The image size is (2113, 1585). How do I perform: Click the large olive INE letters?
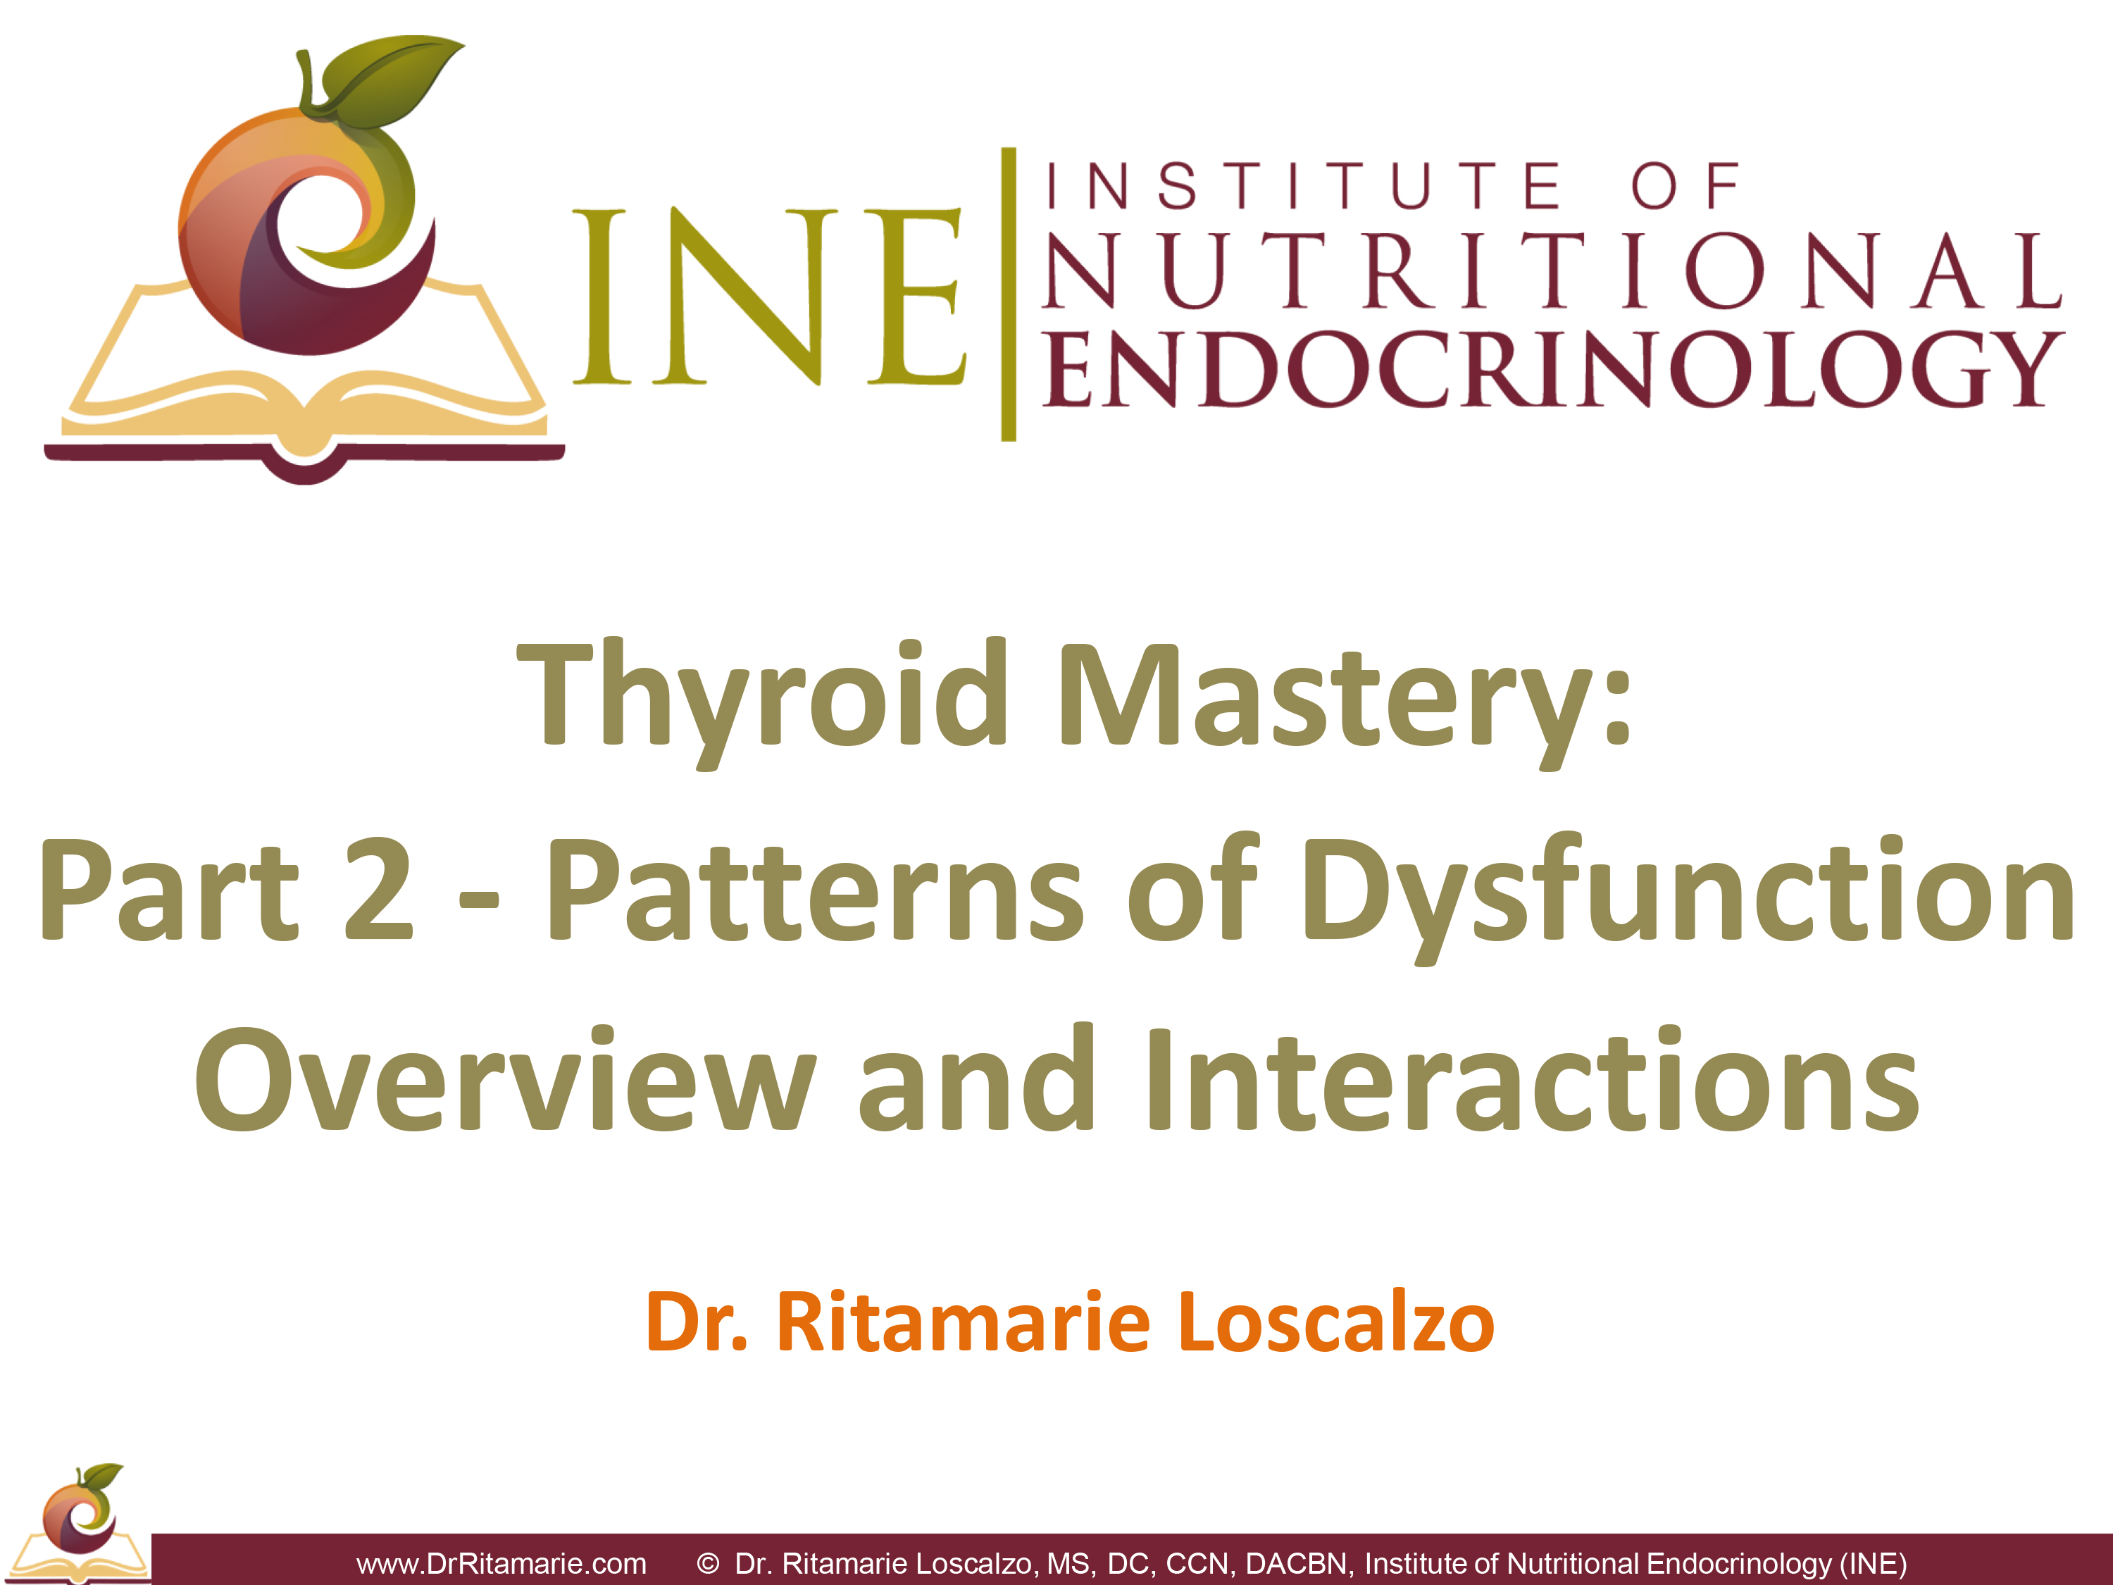point(770,296)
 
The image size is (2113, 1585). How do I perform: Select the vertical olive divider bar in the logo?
point(1008,294)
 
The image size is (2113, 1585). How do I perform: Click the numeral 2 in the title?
point(378,888)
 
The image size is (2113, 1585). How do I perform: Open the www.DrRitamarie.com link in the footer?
point(501,1563)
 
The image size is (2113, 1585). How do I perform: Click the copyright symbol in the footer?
point(708,1563)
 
